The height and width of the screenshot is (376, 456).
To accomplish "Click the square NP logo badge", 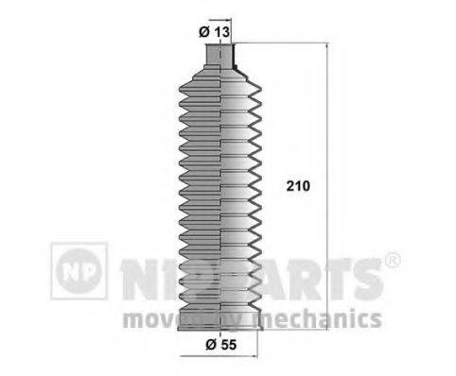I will tap(79, 271).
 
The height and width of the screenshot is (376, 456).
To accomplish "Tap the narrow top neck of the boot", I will tap(219, 59).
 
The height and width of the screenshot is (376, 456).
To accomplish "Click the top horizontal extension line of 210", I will tap(284, 43).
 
